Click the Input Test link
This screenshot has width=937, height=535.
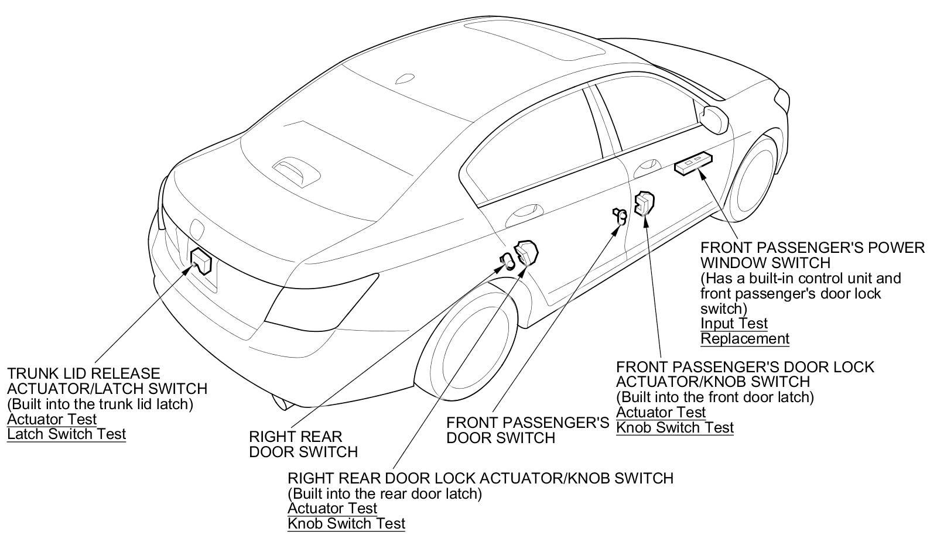(x=733, y=324)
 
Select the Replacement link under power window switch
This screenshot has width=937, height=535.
(x=744, y=339)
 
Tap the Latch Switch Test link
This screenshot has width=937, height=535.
(x=66, y=434)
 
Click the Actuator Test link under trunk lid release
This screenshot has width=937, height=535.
(x=52, y=419)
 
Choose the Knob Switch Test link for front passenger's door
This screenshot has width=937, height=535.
(x=674, y=428)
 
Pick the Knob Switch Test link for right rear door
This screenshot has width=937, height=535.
(x=346, y=523)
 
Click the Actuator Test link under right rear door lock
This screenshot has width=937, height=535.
(x=332, y=508)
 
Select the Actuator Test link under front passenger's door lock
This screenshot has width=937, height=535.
(x=661, y=413)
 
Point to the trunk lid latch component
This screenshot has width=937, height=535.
(x=201, y=260)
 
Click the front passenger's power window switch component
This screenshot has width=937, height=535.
(x=693, y=163)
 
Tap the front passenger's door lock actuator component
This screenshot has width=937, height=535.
(x=644, y=203)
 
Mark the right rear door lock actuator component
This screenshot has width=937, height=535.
(x=526, y=252)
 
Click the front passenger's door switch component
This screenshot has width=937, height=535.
(x=620, y=216)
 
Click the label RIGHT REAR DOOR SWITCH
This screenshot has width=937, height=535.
(x=303, y=444)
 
